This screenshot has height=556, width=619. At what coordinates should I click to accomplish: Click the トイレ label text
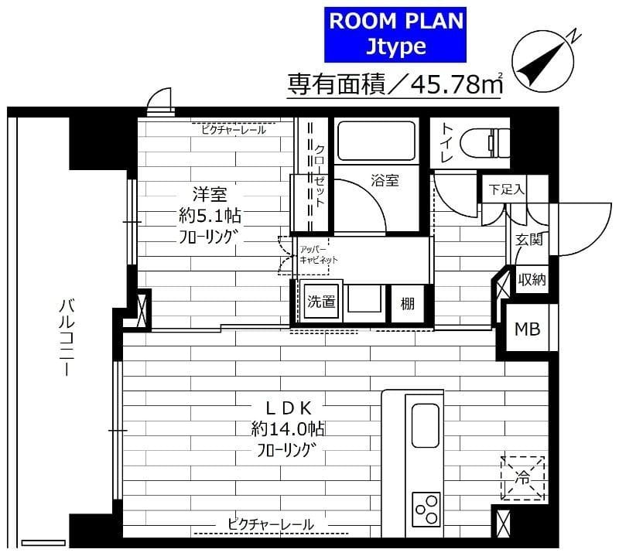coord(447,143)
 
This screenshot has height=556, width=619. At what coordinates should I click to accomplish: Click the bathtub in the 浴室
coord(375,141)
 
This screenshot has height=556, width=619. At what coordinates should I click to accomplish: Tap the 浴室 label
coord(385,182)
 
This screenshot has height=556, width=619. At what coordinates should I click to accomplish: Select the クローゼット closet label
coord(319,176)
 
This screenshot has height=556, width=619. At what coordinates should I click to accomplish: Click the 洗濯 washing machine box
coord(322,302)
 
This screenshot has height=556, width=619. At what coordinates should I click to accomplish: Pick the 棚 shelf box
coord(406,303)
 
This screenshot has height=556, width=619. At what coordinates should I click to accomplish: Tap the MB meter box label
coord(528,329)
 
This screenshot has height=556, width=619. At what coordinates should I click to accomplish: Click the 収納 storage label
coord(532,279)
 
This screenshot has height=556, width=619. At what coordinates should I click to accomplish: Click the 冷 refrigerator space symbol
coord(522,478)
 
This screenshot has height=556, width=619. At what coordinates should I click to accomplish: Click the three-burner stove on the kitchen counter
coord(426,507)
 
